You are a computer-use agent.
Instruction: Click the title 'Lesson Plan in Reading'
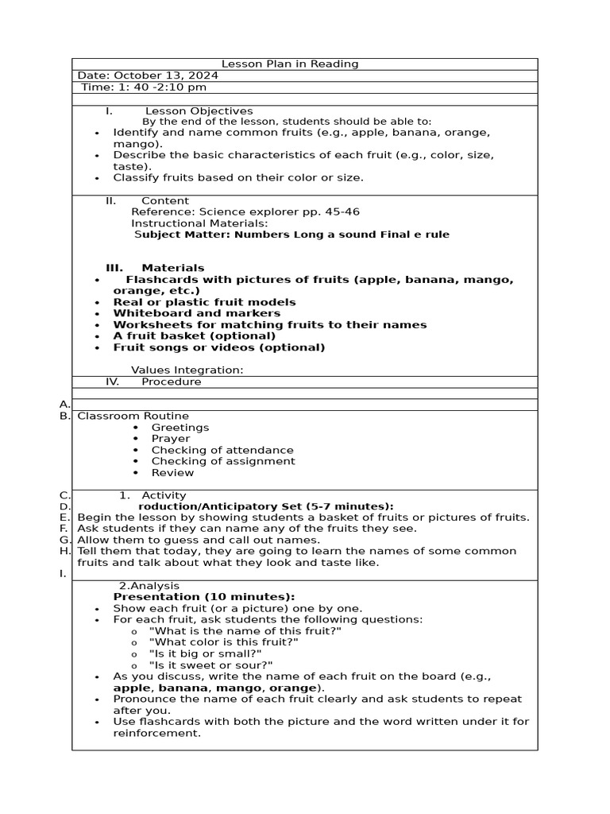pos(289,64)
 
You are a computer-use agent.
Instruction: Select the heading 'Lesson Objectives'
pos(199,111)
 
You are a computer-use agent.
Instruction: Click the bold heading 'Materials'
pos(172,268)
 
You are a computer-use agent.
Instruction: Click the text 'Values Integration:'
pos(187,370)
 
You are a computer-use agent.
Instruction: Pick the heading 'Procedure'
pos(171,382)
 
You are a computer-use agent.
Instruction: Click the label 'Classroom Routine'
pos(133,416)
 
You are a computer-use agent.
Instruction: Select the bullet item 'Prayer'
pos(171,439)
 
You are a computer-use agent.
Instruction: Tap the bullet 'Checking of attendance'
pos(222,450)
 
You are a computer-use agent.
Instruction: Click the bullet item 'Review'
pos(172,473)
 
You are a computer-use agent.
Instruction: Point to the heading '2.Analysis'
pos(149,586)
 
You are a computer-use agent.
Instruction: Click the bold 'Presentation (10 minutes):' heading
pos(203,597)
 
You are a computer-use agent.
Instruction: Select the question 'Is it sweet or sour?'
pos(210,665)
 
